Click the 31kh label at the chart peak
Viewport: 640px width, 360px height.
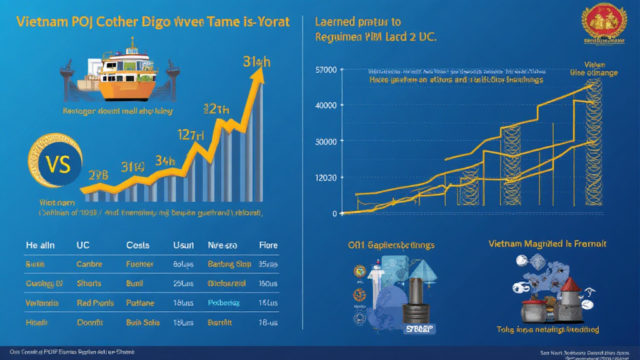point(257,62)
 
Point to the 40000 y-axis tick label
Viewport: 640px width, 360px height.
point(327,105)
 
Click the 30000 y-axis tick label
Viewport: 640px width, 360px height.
point(327,141)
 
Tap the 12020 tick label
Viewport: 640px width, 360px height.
point(327,177)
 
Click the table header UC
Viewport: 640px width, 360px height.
point(82,246)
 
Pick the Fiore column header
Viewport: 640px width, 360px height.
point(268,246)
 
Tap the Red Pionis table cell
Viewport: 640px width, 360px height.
point(95,303)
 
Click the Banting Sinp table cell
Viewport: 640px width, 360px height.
point(229,264)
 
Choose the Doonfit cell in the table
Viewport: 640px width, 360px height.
point(90,322)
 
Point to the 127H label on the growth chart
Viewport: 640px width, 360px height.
point(191,134)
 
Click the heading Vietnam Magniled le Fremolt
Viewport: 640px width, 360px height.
point(547,244)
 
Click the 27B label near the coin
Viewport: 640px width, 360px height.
point(99,176)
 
